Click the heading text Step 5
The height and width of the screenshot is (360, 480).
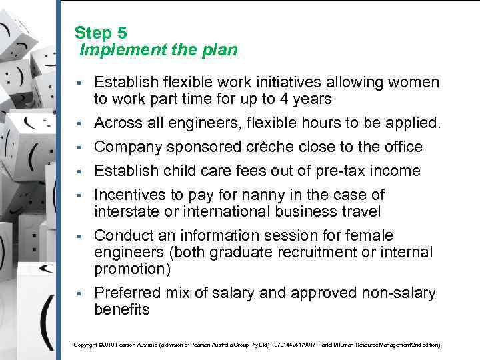coord(101,33)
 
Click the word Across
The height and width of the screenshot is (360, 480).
coord(117,123)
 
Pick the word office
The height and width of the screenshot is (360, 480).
coord(402,147)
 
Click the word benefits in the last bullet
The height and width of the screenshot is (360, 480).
coord(122,310)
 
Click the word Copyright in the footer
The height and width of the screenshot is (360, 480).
coord(85,345)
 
